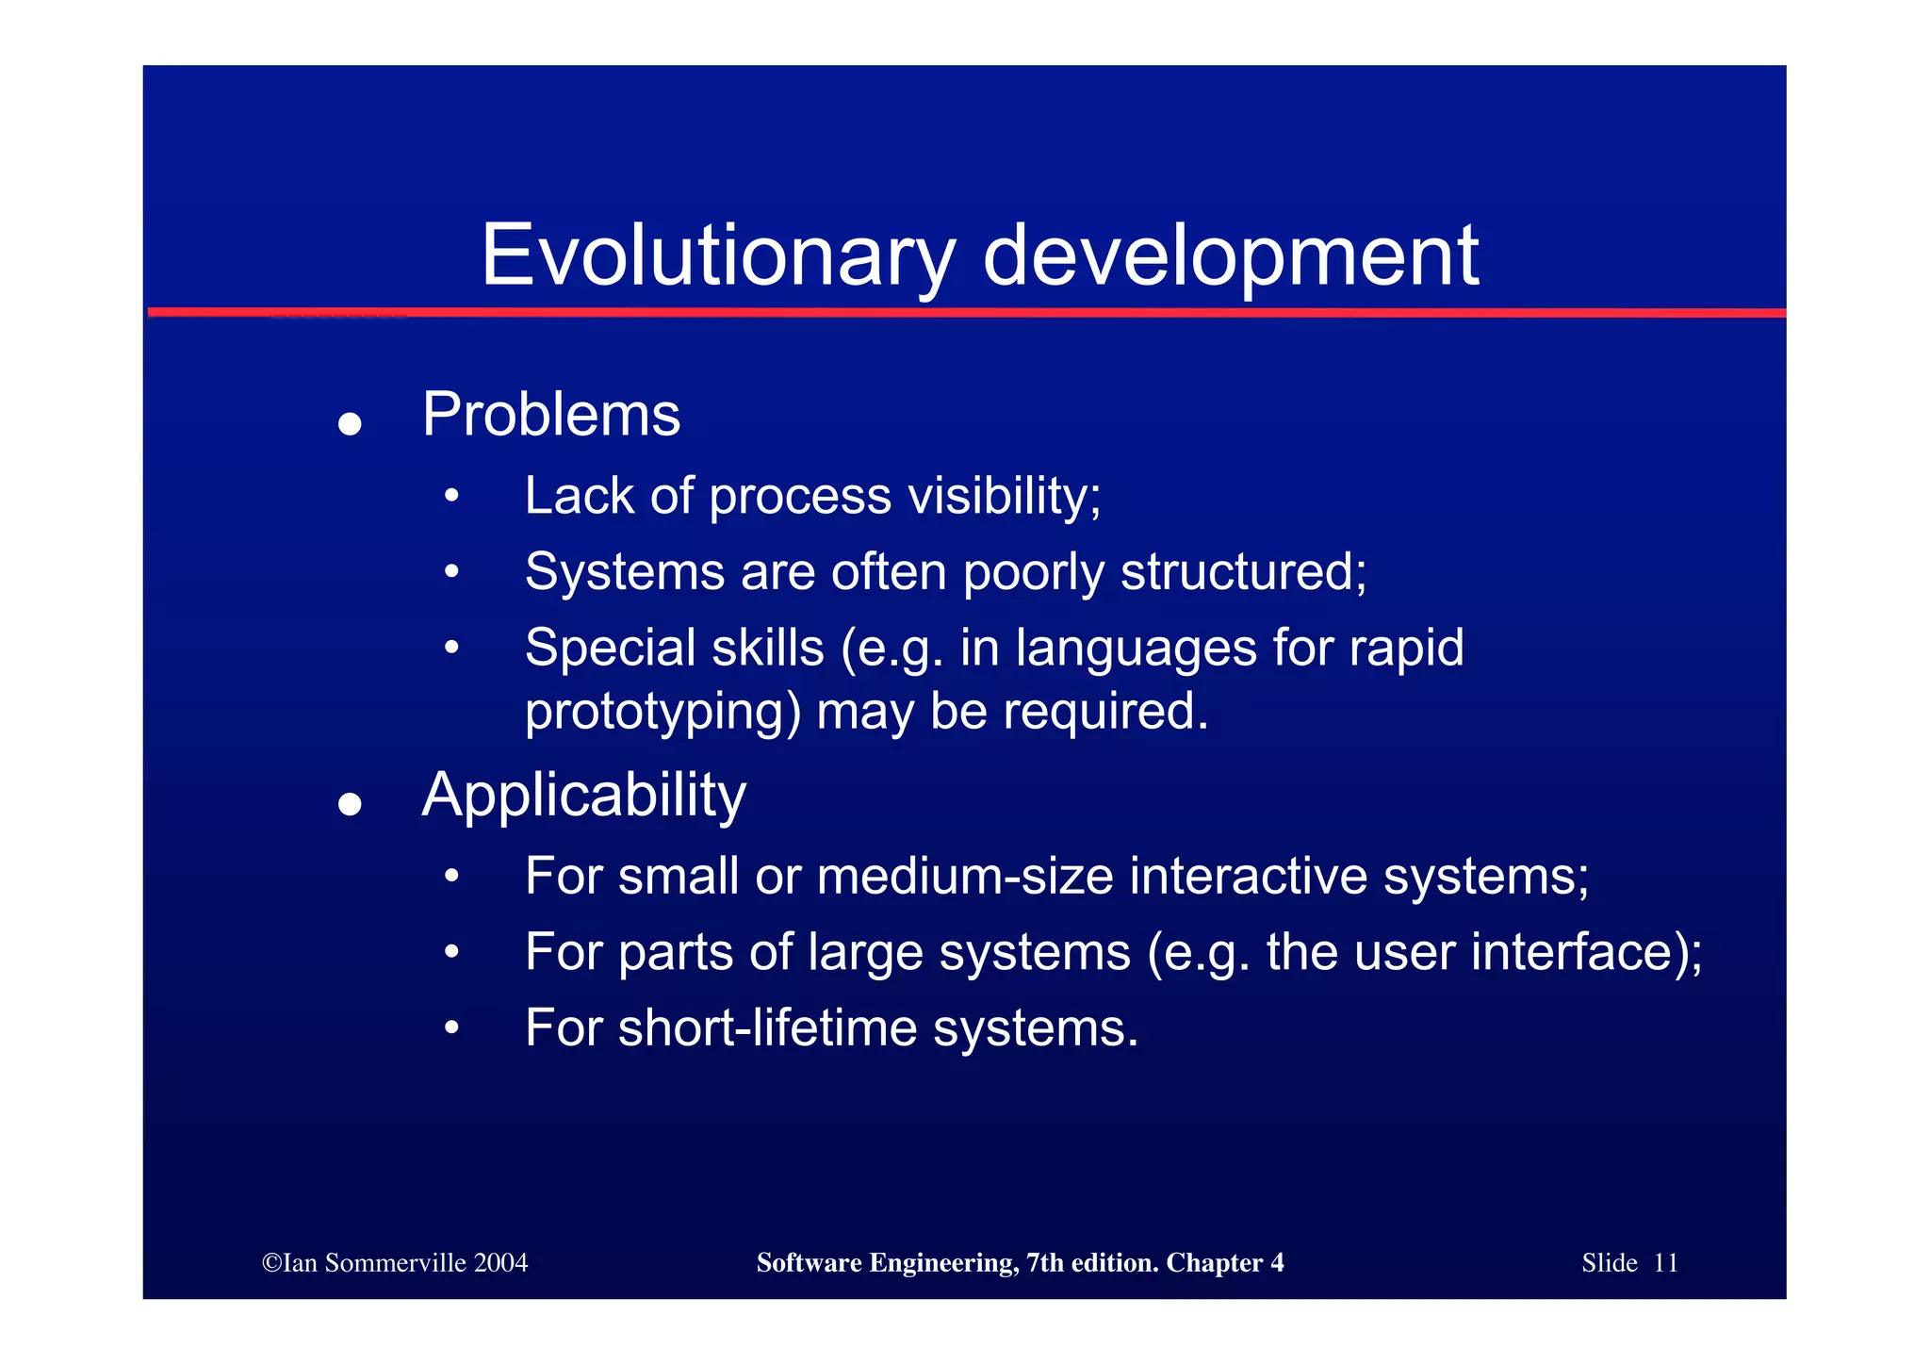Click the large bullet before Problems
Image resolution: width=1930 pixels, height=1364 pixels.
[350, 423]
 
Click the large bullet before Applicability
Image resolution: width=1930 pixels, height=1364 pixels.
[350, 804]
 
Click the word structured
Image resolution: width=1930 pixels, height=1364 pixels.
[1243, 571]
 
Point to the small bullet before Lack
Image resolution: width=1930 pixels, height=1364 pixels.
[452, 496]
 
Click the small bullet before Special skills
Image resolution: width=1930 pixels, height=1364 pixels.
[452, 648]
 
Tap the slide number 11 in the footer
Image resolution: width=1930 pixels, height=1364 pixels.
[1665, 1263]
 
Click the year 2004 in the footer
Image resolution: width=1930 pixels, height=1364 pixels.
[500, 1263]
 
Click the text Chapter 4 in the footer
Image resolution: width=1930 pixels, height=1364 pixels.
[1224, 1263]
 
